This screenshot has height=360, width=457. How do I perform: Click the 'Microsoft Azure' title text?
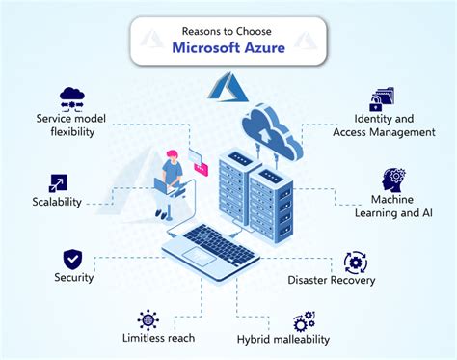(228, 47)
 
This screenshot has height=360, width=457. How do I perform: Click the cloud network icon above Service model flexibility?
(72, 97)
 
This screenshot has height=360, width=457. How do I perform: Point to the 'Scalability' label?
(54, 202)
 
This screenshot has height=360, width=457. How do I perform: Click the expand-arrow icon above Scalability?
(56, 180)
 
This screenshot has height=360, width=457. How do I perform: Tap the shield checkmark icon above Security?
(72, 258)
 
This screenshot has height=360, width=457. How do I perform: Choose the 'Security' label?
(73, 278)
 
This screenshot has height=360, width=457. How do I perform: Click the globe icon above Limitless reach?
(148, 318)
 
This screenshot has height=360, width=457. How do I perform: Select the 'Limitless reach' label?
(158, 338)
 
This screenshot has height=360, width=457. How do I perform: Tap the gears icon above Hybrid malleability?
(304, 319)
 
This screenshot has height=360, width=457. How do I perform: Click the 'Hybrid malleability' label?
(283, 339)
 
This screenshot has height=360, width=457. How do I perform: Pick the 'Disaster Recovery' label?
(331, 281)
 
